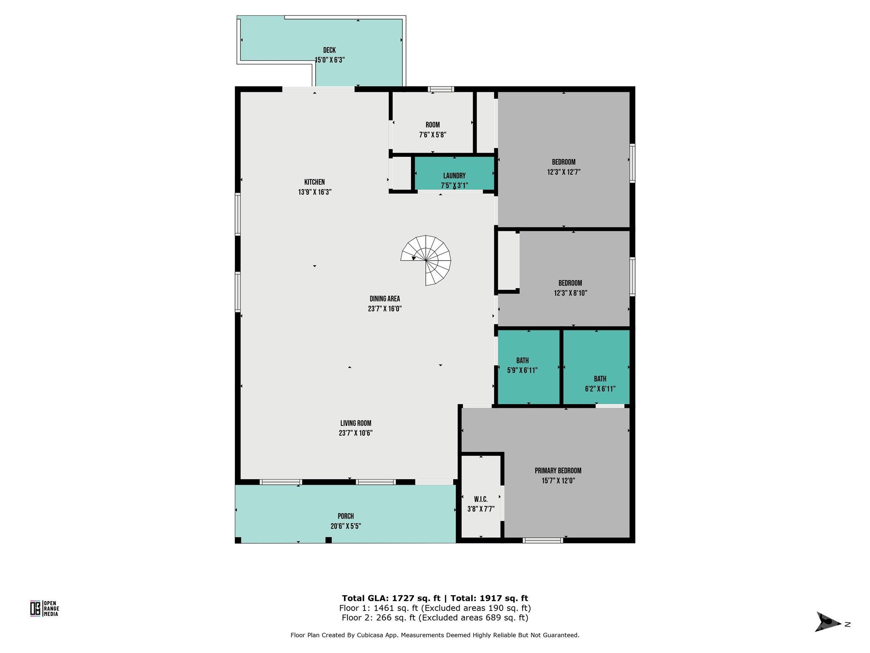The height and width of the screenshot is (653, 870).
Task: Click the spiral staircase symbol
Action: pyautogui.click(x=426, y=260)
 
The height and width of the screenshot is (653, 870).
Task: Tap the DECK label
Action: pyautogui.click(x=329, y=50)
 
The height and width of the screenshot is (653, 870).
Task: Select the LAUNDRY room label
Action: pyautogui.click(x=454, y=176)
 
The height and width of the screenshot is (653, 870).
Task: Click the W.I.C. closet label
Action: pyautogui.click(x=480, y=499)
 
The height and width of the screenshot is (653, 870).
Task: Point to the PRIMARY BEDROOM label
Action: pyautogui.click(x=558, y=471)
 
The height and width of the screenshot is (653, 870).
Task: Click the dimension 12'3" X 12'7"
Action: pyautogui.click(x=564, y=172)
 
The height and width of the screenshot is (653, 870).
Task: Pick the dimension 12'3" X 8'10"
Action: pyautogui.click(x=570, y=293)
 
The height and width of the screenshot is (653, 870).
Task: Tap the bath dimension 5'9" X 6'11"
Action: pyautogui.click(x=523, y=370)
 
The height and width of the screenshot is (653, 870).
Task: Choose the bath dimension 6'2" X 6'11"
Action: pyautogui.click(x=600, y=389)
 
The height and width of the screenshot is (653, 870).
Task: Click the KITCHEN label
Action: pyautogui.click(x=314, y=182)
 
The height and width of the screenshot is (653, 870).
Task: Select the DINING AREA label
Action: pyautogui.click(x=384, y=299)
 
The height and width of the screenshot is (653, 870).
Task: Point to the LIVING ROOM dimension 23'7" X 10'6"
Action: pyautogui.click(x=356, y=433)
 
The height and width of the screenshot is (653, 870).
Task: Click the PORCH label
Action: pyautogui.click(x=345, y=516)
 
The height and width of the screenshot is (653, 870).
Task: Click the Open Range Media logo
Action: pyautogui.click(x=44, y=608)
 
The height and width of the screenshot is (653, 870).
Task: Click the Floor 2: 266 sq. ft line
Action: pyautogui.click(x=435, y=618)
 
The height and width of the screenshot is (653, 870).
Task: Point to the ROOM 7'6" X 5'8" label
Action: pyautogui.click(x=432, y=130)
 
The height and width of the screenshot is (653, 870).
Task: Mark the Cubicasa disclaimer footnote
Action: pyautogui.click(x=435, y=635)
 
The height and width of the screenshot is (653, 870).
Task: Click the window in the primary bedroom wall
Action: pyautogui.click(x=542, y=540)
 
